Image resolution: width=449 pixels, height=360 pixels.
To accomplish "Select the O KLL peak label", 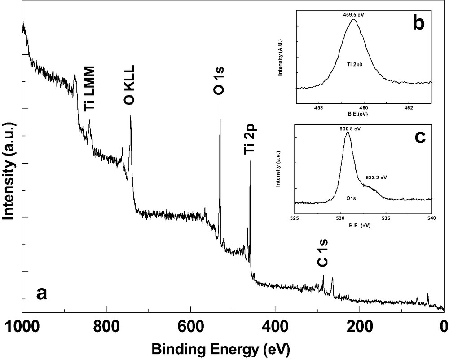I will pyautogui.click(x=129, y=85).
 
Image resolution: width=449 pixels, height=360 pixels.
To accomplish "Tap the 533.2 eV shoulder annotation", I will pyautogui.click(x=376, y=177).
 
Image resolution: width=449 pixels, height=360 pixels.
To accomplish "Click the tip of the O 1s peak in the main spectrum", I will pyautogui.click(x=220, y=105).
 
